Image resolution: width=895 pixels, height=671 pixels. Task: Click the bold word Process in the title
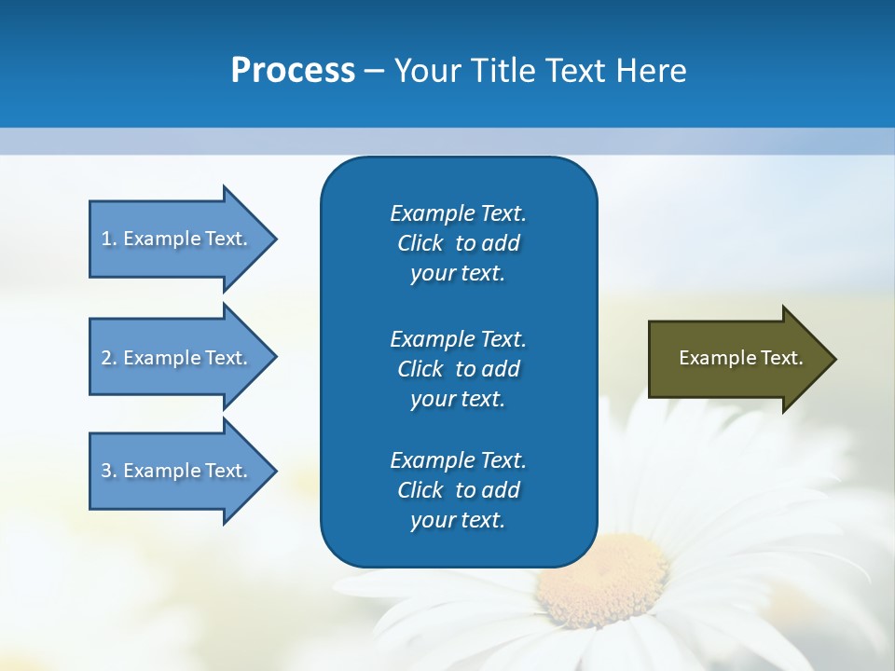click(293, 71)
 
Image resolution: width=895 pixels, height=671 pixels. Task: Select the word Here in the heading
click(651, 71)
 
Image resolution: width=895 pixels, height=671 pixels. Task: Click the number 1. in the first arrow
click(109, 239)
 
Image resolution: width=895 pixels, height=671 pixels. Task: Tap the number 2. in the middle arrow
click(109, 358)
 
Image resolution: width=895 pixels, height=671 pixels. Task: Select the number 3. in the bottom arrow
click(109, 471)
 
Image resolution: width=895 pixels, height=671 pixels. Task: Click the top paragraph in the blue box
click(458, 243)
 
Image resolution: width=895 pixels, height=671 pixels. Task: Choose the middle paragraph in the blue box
click(458, 368)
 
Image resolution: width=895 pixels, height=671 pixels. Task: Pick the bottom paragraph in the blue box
click(458, 490)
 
